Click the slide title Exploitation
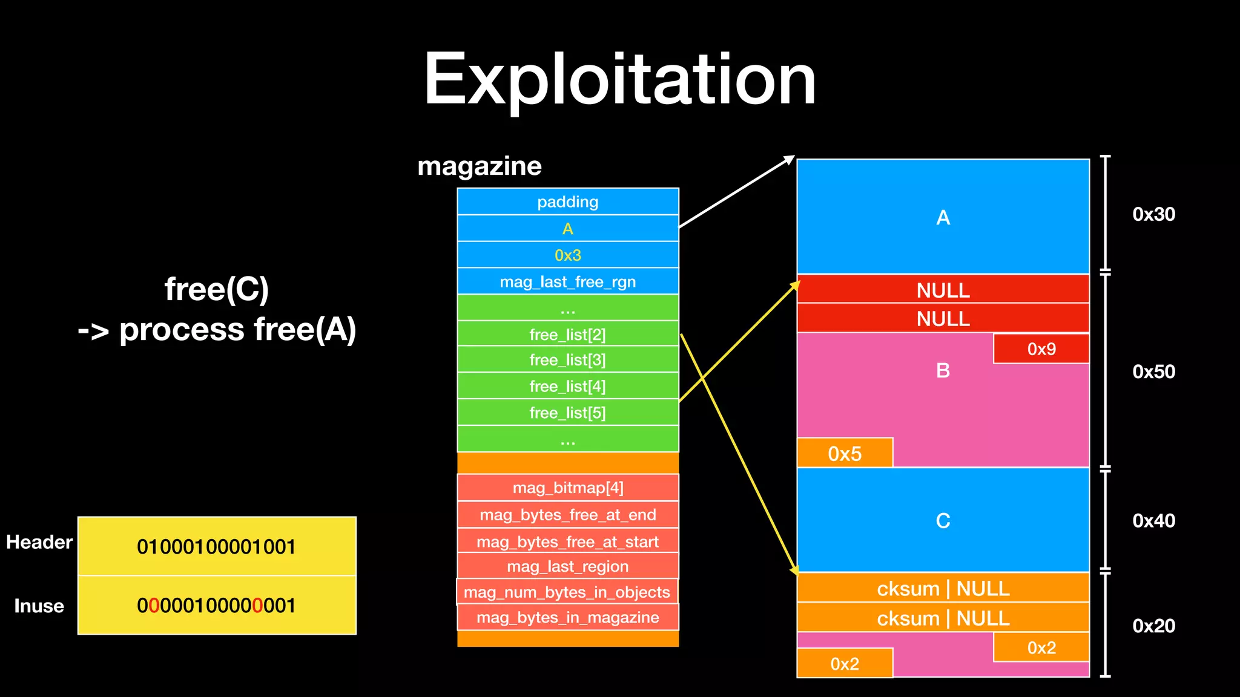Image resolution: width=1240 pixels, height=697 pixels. click(619, 80)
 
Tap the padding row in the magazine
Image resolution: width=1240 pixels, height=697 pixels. click(567, 202)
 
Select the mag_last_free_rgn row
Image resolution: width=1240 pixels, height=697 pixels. click(567, 282)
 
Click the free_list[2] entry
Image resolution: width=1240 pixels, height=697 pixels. click(567, 335)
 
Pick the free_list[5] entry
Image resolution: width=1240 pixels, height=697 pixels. click(567, 413)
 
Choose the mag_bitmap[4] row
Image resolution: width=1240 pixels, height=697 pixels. click(567, 488)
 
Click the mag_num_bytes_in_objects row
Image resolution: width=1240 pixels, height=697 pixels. click(567, 592)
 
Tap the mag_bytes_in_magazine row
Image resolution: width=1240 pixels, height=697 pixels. click(567, 618)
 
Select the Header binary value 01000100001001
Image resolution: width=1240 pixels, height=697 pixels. click(217, 547)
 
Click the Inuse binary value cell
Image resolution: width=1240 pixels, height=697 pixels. click(217, 606)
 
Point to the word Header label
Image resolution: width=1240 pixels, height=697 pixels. click(39, 542)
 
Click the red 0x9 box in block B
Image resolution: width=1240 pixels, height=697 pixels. click(1041, 349)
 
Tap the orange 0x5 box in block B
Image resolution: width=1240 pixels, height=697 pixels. click(845, 453)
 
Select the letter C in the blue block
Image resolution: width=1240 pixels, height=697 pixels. click(943, 521)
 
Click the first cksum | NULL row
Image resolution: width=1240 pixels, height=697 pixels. click(943, 588)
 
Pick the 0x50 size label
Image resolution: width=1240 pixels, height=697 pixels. click(1153, 371)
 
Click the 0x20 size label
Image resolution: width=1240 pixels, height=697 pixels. click(1153, 626)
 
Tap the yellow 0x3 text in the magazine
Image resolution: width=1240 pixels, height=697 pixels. click(567, 255)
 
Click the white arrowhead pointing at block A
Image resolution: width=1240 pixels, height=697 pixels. click(790, 159)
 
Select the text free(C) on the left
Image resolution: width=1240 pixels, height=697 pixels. click(217, 289)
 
